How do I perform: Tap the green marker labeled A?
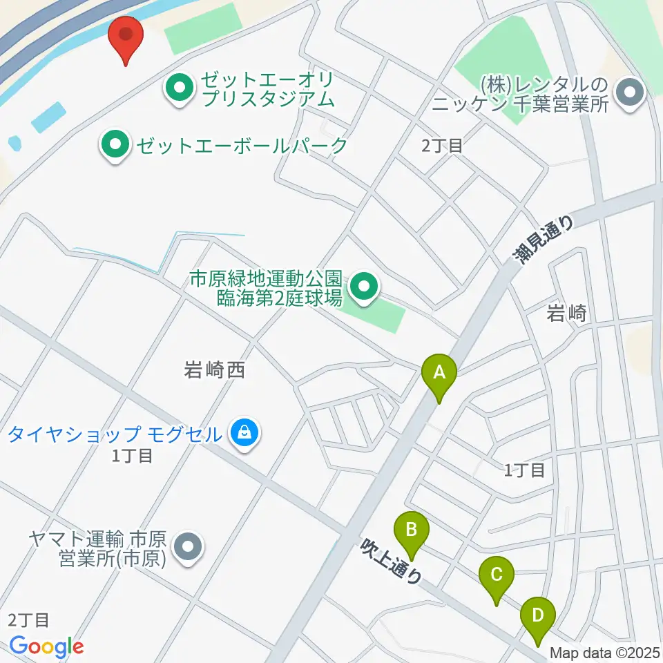pyautogui.click(x=439, y=375)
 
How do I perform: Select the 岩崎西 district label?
pyautogui.click(x=215, y=370)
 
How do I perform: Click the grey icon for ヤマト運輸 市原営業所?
pyautogui.click(x=186, y=548)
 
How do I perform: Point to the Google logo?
pyautogui.click(x=47, y=646)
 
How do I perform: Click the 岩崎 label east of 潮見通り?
pyautogui.click(x=566, y=314)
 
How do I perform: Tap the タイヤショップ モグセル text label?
pyautogui.click(x=116, y=434)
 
